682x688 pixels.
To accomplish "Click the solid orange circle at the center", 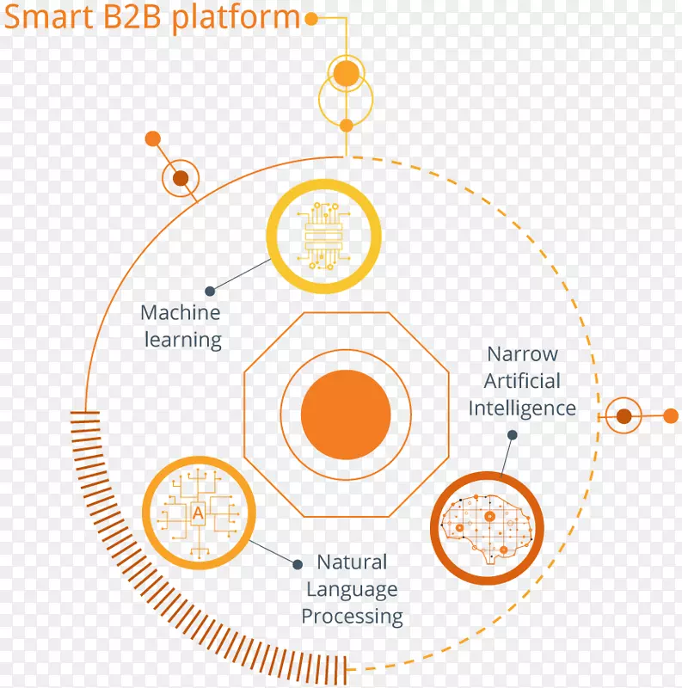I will [x=346, y=414].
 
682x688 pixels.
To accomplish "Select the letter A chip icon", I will [x=199, y=513].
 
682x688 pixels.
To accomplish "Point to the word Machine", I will [x=181, y=312].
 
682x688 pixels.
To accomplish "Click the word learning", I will [x=182, y=340].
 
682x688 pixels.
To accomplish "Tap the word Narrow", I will [x=522, y=353].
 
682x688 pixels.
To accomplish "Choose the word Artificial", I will [x=522, y=380].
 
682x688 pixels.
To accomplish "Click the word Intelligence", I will [x=522, y=408].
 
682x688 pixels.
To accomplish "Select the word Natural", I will [x=352, y=562].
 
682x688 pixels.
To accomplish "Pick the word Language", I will [x=352, y=590].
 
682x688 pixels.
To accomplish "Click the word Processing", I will [x=352, y=617].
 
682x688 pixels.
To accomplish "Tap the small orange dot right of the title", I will [x=311, y=17].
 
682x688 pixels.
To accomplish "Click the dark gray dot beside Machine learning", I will [x=211, y=290].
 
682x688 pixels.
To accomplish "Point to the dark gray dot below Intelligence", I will [x=512, y=435].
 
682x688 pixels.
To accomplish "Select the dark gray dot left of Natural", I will [x=298, y=564].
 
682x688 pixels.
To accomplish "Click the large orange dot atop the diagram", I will [x=346, y=74].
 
